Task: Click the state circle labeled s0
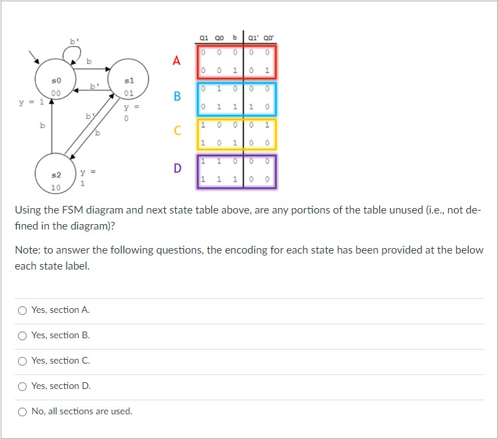[x=57, y=86]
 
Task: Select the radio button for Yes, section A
[x=22, y=310]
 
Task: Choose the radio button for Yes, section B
[x=22, y=336]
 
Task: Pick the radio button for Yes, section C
[x=22, y=361]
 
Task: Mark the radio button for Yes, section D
[x=22, y=386]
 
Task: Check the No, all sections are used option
[x=22, y=412]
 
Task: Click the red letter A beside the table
[x=177, y=61]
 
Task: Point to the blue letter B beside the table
[x=177, y=97]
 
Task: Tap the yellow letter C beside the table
[x=177, y=131]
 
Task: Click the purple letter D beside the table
[x=177, y=168]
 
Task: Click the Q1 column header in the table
[x=205, y=37]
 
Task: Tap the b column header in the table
[x=234, y=37]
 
